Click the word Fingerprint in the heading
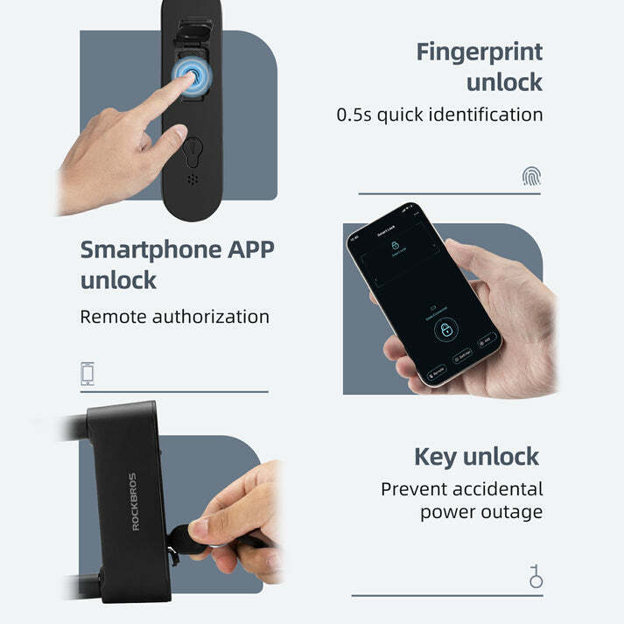tap(479, 52)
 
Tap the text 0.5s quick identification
tap(439, 115)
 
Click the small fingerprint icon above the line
tap(531, 177)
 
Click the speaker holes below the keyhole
tap(193, 180)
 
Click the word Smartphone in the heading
tap(150, 249)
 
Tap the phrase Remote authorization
tap(174, 316)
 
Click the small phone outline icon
tap(88, 374)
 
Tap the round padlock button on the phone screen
tap(446, 330)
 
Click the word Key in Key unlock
tap(436, 457)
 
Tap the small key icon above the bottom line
tap(535, 576)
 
